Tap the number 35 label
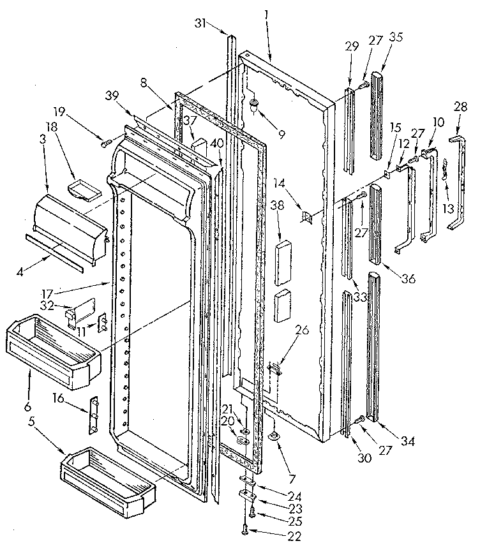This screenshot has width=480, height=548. [x=396, y=36]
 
